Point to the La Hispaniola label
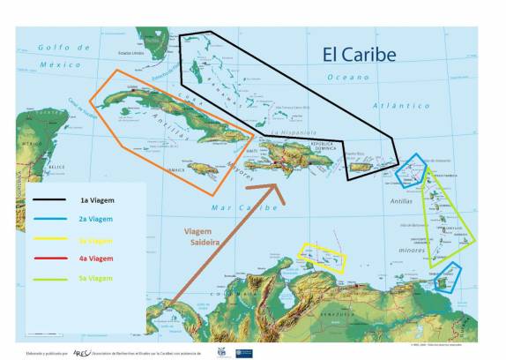[291, 133]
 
